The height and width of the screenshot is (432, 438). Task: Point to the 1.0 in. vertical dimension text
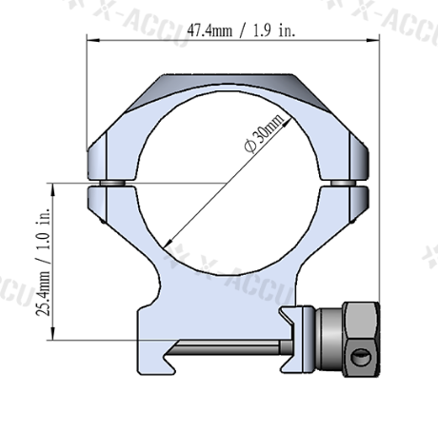(41, 227)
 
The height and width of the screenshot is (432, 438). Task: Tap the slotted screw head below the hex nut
(360, 358)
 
